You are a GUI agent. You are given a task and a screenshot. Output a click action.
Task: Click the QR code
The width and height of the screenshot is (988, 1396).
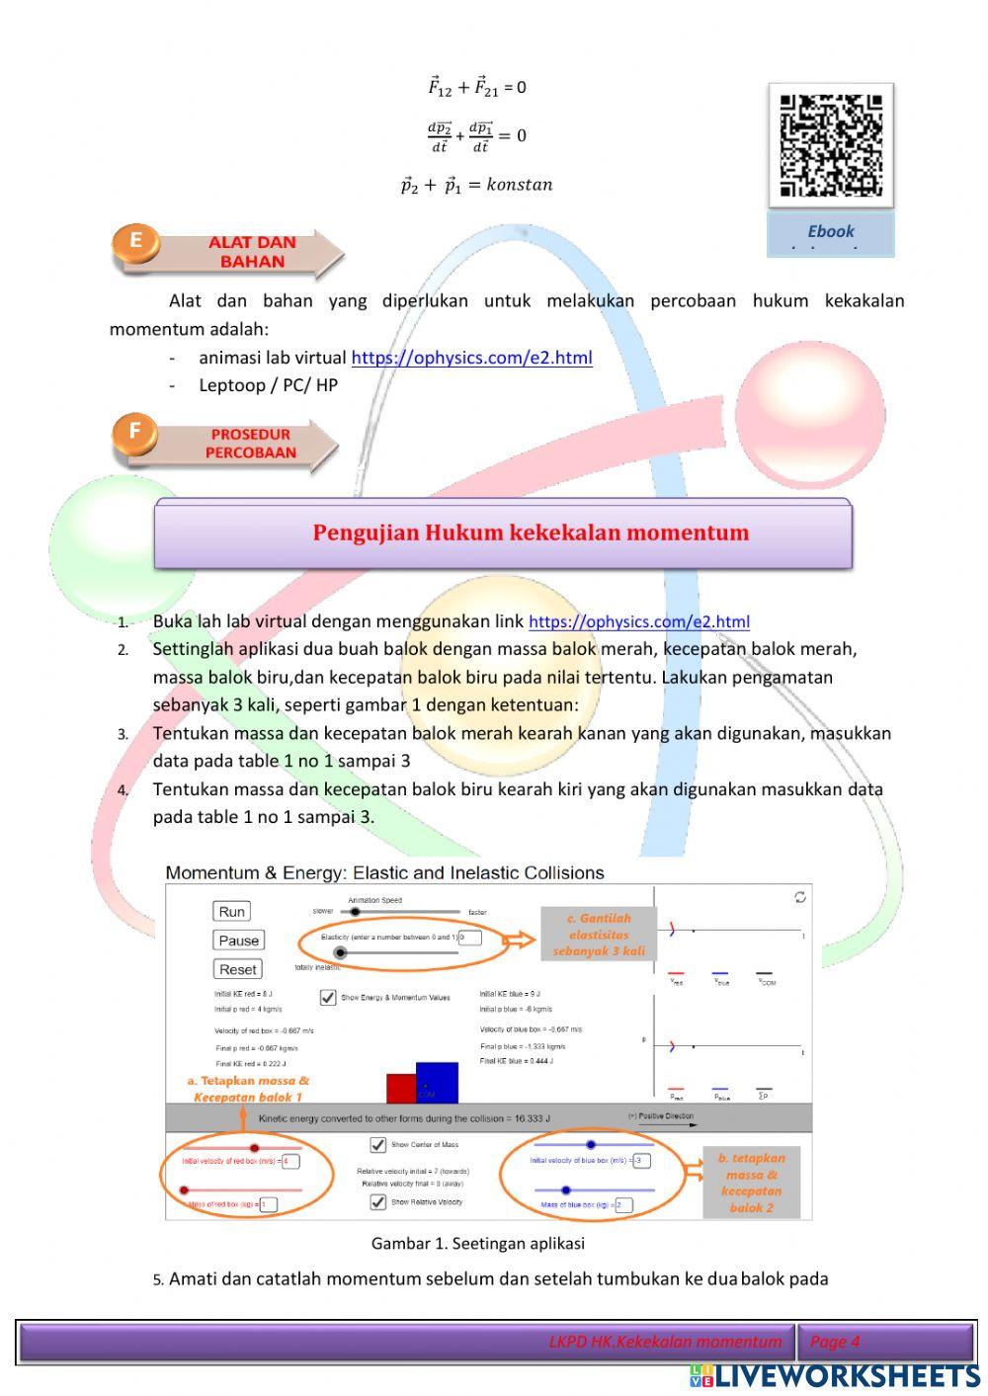coord(831,146)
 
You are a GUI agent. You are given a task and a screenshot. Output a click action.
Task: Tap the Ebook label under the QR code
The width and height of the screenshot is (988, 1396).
coord(831,233)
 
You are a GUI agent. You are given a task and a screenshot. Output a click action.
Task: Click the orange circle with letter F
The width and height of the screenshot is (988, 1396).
coord(135,433)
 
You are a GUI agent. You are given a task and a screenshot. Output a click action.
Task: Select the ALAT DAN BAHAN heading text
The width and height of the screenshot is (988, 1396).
coord(252,252)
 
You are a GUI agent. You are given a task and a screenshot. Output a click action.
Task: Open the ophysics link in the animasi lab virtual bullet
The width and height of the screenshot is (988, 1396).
coord(471,358)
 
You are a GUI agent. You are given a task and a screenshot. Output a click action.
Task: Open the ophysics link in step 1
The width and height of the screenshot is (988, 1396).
coord(638,621)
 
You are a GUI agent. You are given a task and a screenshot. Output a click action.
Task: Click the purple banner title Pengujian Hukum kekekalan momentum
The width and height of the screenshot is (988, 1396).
coord(531,533)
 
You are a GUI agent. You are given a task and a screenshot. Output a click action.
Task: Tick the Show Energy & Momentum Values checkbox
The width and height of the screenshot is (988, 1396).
coord(328,997)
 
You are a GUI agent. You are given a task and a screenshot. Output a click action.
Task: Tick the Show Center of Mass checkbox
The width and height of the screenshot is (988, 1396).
coord(377,1145)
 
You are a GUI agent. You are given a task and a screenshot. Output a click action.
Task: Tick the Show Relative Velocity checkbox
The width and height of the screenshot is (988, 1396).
coord(377,1202)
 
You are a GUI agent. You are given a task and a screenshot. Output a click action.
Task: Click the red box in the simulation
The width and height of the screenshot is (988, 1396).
coord(400,1088)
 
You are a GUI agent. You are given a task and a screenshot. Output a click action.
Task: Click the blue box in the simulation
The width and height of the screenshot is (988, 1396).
coord(438,1082)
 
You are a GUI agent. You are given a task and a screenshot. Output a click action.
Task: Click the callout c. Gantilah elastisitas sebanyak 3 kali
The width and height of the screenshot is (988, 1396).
coord(599,935)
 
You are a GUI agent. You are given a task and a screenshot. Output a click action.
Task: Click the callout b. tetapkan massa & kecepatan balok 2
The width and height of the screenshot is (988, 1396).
coord(751,1183)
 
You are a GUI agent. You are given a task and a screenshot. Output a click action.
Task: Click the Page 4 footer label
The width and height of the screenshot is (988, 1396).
coord(835,1341)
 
